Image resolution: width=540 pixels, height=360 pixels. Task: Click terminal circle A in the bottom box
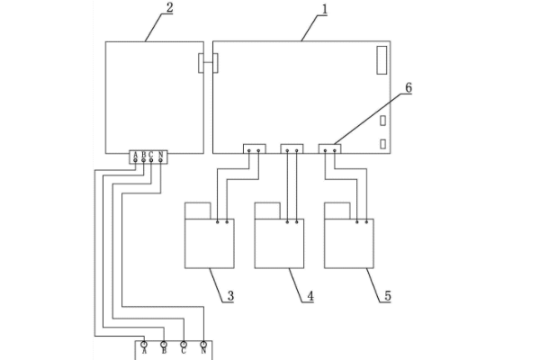tap(144, 345)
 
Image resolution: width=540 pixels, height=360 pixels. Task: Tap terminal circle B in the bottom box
tap(164, 345)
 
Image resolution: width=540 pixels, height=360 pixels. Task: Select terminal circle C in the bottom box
tap(184, 345)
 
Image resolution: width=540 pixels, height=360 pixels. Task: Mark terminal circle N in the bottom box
tap(204, 345)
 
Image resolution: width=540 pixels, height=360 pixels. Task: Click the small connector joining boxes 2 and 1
tap(206, 64)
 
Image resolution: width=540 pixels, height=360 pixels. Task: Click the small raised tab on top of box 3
tap(198, 211)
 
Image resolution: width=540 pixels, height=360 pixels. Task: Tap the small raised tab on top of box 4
tap(267, 211)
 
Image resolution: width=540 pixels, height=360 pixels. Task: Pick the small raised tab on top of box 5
tap(337, 211)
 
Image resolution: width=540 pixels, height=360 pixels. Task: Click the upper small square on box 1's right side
tap(382, 121)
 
